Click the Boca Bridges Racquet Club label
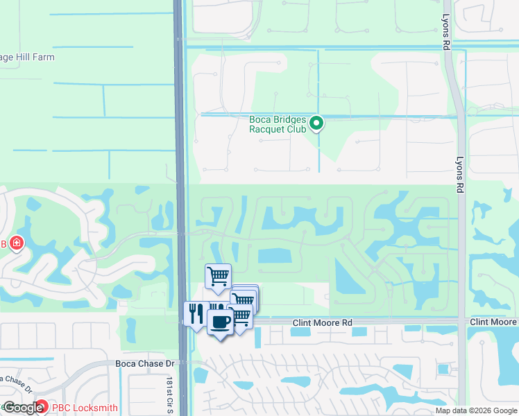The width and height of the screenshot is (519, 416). pyautogui.click(x=278, y=123)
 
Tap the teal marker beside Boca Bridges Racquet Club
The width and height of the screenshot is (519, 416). pyautogui.click(x=316, y=124)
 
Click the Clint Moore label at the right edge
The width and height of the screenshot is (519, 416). pyautogui.click(x=493, y=323)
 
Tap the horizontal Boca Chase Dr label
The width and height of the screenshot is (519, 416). pyautogui.click(x=144, y=364)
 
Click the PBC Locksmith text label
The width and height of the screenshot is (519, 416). pyautogui.click(x=84, y=408)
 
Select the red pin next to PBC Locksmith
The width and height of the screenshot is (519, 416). pyautogui.click(x=42, y=408)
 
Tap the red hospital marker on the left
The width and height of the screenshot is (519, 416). pyautogui.click(x=15, y=244)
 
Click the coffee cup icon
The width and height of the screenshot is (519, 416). pyautogui.click(x=221, y=322)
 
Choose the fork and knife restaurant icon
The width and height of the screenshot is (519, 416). pyautogui.click(x=195, y=313)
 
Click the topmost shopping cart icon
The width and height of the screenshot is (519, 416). pyautogui.click(x=218, y=277)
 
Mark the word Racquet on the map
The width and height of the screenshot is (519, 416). pyautogui.click(x=264, y=128)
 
